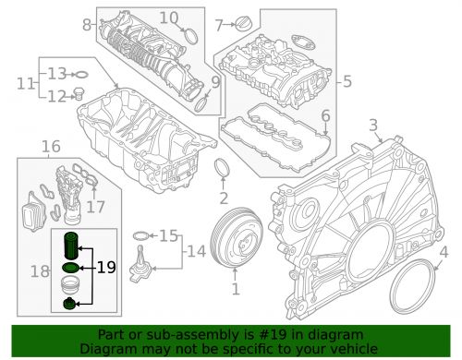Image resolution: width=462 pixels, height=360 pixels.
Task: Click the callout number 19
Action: [x=106, y=268]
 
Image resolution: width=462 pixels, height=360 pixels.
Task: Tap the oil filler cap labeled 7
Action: [x=244, y=23]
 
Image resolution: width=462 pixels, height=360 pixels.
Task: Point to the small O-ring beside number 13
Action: [x=81, y=75]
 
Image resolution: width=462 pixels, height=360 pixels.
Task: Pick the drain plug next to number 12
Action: [x=79, y=94]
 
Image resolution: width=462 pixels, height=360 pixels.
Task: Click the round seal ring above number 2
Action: [x=222, y=168]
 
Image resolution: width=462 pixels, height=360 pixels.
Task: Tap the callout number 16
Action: [x=51, y=147]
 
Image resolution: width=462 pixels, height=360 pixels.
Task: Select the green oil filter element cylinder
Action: [x=71, y=246]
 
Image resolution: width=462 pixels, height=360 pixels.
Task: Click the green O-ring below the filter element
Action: [x=71, y=269]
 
